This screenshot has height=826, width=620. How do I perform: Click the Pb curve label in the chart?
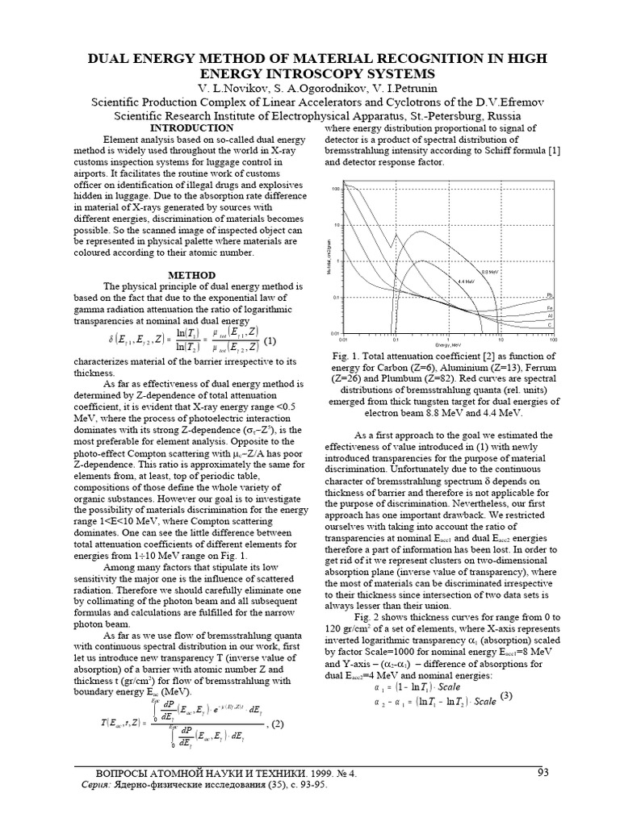[x=549, y=294]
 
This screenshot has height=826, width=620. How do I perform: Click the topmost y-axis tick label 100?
[x=335, y=189]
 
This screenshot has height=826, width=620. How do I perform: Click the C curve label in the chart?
[x=549, y=326]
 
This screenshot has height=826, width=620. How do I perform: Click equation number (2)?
[x=276, y=723]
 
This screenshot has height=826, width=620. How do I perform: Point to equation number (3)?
[x=506, y=695]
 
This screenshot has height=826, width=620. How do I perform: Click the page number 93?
[x=542, y=773]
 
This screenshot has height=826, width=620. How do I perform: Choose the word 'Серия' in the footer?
[x=98, y=785]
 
